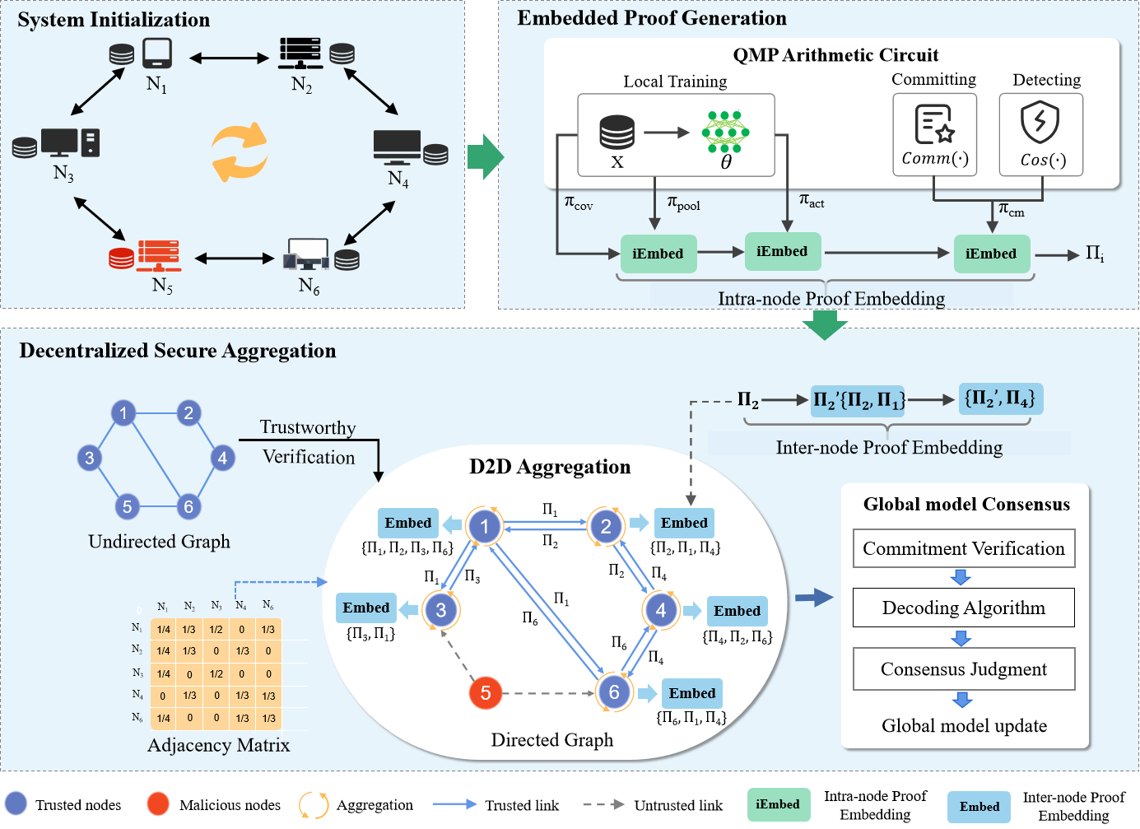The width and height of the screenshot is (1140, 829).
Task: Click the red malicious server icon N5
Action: (159, 256)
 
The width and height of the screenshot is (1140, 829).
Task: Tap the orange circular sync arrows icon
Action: (240, 152)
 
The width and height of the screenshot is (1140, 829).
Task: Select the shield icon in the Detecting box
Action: (1040, 122)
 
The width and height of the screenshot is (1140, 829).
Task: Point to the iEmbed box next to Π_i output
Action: (991, 254)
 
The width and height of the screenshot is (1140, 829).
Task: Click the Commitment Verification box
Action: (964, 549)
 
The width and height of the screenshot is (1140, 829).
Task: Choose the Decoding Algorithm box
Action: (964, 608)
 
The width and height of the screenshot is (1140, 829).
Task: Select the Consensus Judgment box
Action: (964, 669)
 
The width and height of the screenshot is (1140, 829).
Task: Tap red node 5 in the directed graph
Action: (486, 693)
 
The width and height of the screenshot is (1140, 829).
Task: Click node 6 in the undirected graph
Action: (188, 506)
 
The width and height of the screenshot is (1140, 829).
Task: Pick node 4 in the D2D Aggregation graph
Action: (661, 610)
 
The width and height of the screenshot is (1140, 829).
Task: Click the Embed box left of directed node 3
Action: (366, 608)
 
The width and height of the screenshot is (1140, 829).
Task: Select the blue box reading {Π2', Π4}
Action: (1000, 399)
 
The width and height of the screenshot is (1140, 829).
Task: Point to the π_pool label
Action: (683, 203)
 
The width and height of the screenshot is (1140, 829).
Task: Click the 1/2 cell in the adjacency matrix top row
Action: (216, 630)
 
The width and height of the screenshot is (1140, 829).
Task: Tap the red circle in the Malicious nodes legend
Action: (158, 804)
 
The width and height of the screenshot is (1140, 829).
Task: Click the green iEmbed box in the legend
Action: (778, 804)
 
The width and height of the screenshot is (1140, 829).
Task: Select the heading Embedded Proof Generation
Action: (651, 18)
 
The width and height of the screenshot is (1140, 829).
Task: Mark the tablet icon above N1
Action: (156, 54)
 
